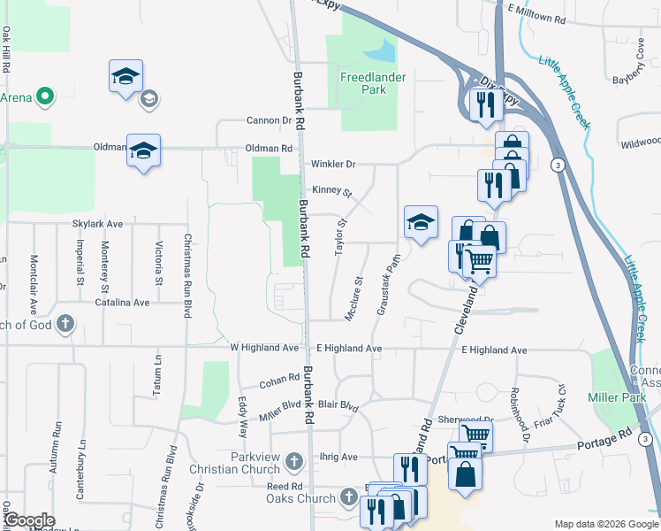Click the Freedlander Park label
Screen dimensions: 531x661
(x=374, y=83)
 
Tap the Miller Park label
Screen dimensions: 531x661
(x=618, y=398)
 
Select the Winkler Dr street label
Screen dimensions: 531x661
(x=333, y=164)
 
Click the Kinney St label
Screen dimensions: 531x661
(x=331, y=191)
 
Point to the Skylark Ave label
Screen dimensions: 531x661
(x=97, y=225)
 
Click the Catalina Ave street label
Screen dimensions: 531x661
(x=123, y=303)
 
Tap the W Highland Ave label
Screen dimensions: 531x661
(x=265, y=349)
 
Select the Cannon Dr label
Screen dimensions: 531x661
(x=269, y=120)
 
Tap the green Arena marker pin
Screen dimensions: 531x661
(x=42, y=96)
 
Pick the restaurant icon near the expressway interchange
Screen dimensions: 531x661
(x=484, y=104)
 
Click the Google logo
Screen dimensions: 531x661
(x=29, y=520)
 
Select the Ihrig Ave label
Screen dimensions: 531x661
(x=337, y=457)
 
